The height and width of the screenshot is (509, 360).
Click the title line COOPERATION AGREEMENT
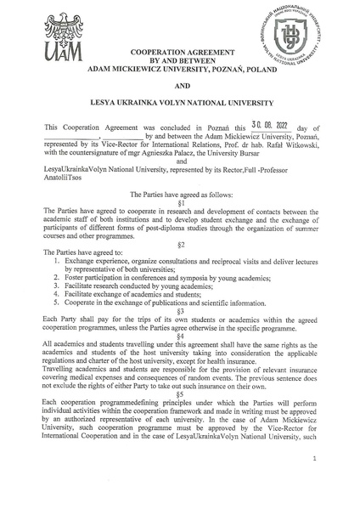point(180,53)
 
